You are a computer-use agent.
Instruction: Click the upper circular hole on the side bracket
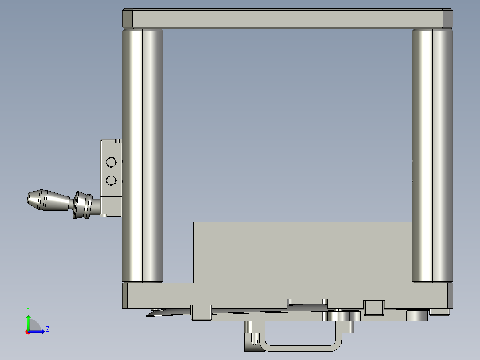[x=111, y=162]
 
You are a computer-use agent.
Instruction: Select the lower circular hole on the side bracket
[x=111, y=180]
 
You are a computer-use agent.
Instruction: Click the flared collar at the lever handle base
[x=81, y=205]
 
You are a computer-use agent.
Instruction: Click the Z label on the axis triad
[x=47, y=329]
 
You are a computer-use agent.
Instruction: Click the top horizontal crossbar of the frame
[x=288, y=19]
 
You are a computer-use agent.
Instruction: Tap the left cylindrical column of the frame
[x=143, y=156]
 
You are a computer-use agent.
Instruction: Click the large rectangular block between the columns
[x=303, y=252]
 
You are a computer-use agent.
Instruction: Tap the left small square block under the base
[x=200, y=312]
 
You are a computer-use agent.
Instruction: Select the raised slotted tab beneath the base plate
[x=307, y=301]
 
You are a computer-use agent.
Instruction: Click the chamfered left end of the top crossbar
[x=127, y=19]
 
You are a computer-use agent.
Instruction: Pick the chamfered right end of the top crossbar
[x=448, y=19]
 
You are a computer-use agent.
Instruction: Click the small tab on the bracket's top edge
[x=118, y=141]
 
